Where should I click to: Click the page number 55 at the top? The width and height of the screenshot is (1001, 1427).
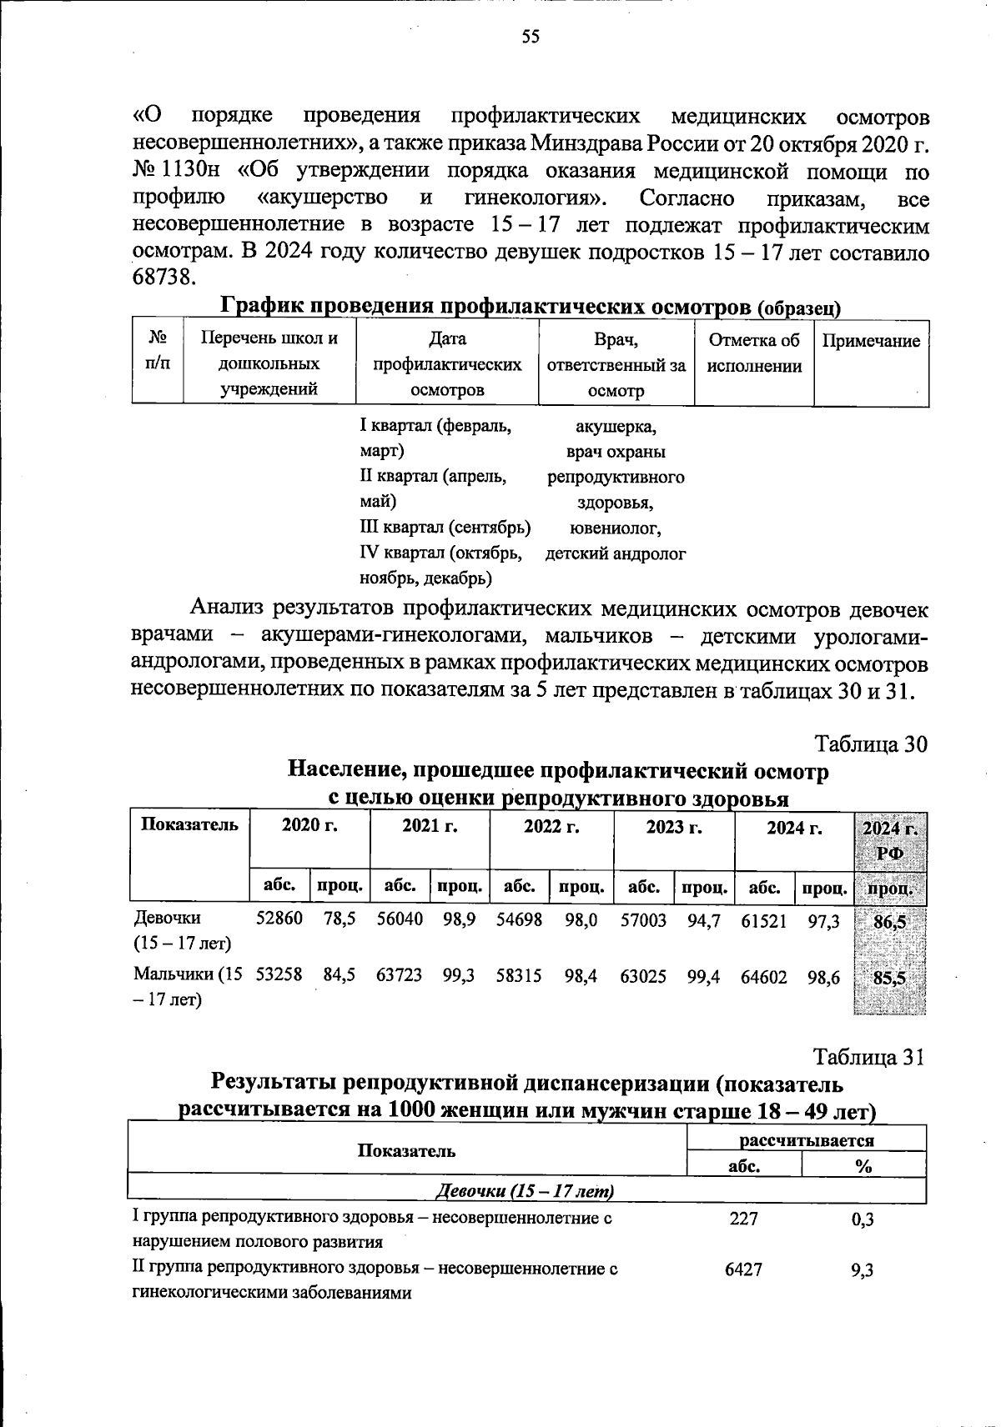[x=531, y=36]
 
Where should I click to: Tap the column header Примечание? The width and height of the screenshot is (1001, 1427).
[x=871, y=341]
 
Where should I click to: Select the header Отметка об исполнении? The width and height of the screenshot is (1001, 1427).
[x=754, y=353]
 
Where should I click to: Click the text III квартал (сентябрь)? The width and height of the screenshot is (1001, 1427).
[x=445, y=528]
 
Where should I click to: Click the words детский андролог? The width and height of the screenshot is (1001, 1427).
[x=616, y=553]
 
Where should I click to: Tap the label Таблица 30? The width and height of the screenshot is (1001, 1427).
[x=871, y=744]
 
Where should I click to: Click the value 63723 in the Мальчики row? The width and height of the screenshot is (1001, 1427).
[x=399, y=974]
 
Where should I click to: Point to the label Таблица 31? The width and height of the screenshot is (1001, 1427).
[x=870, y=1057]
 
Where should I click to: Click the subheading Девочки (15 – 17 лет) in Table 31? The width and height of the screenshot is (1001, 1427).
[x=526, y=1191]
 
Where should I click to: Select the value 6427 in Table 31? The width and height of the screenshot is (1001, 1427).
[x=743, y=1269]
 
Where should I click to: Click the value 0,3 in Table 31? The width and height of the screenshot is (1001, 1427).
[x=863, y=1219]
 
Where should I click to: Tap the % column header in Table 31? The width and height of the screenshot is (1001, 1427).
[x=863, y=1166]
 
